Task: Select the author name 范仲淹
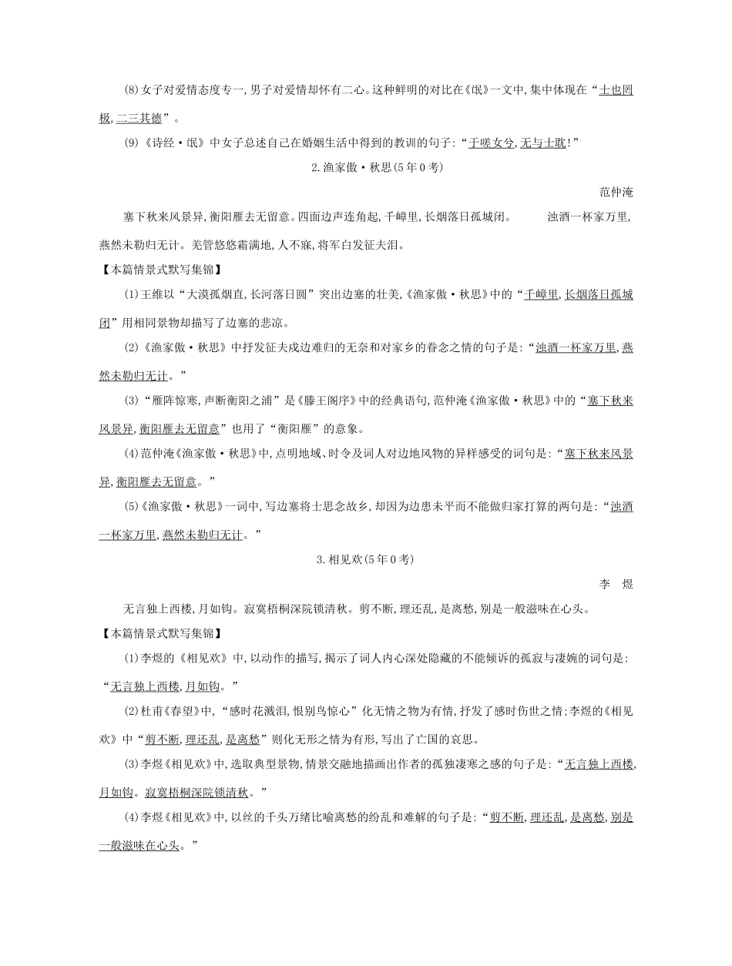pyautogui.click(x=616, y=192)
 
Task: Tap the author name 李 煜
pyautogui.click(x=616, y=585)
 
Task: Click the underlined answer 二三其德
pyautogui.click(x=139, y=118)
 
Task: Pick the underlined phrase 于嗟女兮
pyautogui.click(x=492, y=143)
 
